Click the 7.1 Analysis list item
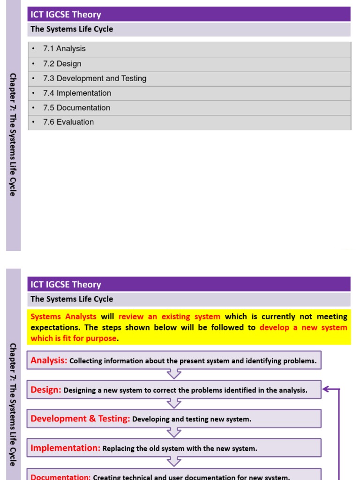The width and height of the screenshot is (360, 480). pyautogui.click(x=64, y=49)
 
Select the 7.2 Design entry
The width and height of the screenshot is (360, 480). pyautogui.click(x=62, y=64)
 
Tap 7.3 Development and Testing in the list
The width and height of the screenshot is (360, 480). pyautogui.click(x=94, y=79)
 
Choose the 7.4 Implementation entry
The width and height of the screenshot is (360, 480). pyautogui.click(x=77, y=93)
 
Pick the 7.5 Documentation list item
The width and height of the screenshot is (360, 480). pyautogui.click(x=76, y=108)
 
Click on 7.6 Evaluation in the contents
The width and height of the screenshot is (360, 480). pyautogui.click(x=68, y=122)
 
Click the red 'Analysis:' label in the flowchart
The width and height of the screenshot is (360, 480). pyautogui.click(x=49, y=360)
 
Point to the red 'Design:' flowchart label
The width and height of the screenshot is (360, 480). pyautogui.click(x=46, y=390)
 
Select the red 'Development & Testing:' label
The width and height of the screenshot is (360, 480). pyautogui.click(x=80, y=419)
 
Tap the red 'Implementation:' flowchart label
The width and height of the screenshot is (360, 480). pyautogui.click(x=65, y=448)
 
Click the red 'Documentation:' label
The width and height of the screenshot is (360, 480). pyautogui.click(x=60, y=477)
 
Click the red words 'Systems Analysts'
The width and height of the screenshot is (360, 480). pyautogui.click(x=63, y=317)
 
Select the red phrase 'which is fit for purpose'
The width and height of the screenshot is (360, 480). pyautogui.click(x=73, y=338)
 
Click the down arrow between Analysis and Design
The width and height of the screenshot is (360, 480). pyautogui.click(x=174, y=374)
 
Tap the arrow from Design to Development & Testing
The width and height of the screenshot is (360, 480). pyautogui.click(x=174, y=403)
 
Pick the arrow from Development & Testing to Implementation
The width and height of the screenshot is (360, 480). pyautogui.click(x=174, y=432)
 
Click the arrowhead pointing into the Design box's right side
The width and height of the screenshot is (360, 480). pyautogui.click(x=325, y=389)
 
